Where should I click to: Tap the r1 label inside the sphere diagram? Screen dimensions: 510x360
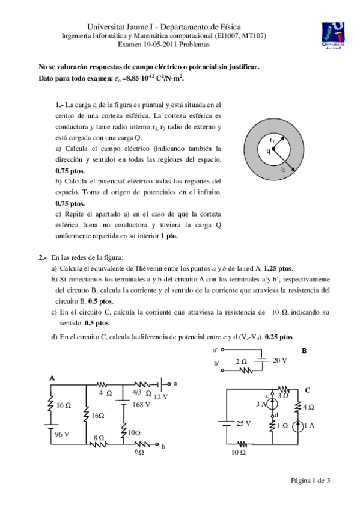pyautogui.click(x=272, y=140)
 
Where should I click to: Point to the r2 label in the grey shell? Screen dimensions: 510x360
pyautogui.click(x=282, y=169)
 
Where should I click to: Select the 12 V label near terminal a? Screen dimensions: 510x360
pyautogui.click(x=160, y=396)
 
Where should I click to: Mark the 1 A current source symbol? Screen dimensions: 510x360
pyautogui.click(x=296, y=426)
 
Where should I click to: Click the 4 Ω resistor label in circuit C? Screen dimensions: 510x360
pyautogui.click(x=308, y=407)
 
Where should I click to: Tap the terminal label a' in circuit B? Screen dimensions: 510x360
pyautogui.click(x=215, y=349)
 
